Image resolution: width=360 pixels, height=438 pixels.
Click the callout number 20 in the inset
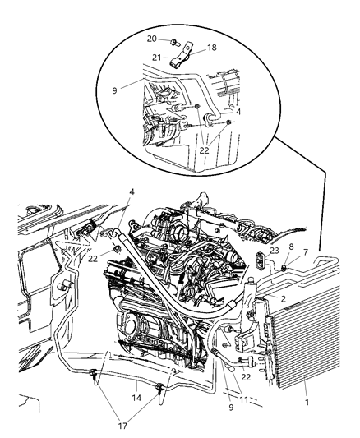[151, 39]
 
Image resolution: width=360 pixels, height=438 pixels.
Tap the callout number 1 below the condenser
[306, 380]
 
